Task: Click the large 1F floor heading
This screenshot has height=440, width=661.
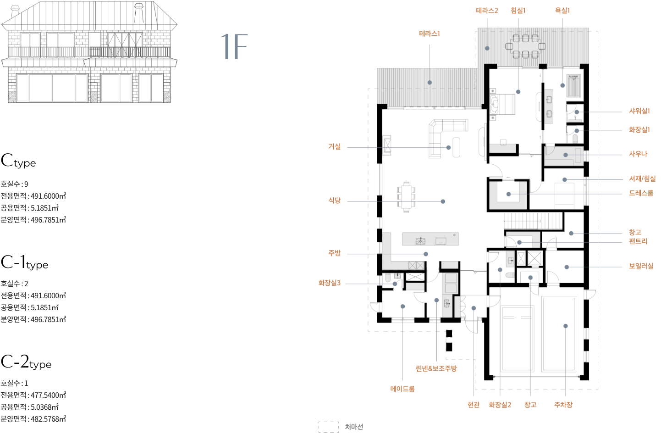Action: click(x=234, y=47)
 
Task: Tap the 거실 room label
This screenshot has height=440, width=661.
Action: click(x=334, y=146)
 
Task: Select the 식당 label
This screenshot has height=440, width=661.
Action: click(x=334, y=201)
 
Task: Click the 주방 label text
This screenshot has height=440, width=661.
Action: click(x=334, y=253)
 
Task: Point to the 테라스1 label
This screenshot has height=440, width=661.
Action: click(x=430, y=33)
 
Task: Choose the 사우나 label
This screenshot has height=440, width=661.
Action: click(x=638, y=154)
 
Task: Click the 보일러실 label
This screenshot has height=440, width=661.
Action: click(x=641, y=266)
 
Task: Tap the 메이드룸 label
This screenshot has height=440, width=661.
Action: click(x=402, y=389)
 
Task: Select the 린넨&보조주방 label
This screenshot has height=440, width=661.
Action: click(x=436, y=368)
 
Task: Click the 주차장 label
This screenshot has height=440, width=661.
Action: click(x=563, y=405)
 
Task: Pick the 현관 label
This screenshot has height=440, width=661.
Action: click(x=474, y=405)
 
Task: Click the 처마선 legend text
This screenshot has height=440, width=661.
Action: click(x=354, y=427)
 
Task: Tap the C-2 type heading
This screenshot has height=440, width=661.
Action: click(x=26, y=362)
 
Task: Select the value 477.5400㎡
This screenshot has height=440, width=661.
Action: click(x=49, y=395)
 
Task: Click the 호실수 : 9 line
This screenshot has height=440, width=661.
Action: click(x=14, y=184)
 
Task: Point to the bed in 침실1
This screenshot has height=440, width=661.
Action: click(x=502, y=104)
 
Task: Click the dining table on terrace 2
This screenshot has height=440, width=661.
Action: click(x=525, y=46)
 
